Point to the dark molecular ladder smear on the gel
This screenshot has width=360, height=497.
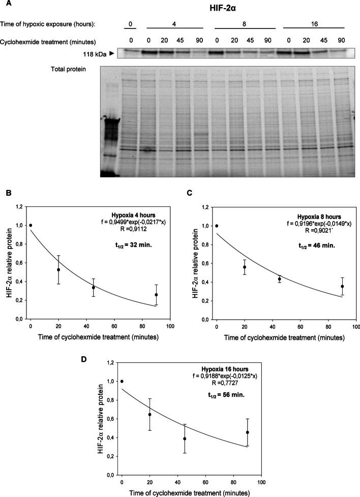click(109, 135)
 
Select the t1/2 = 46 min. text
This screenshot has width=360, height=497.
click(316, 245)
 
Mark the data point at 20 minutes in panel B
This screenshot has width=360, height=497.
click(58, 270)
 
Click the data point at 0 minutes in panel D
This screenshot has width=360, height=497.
click(122, 381)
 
